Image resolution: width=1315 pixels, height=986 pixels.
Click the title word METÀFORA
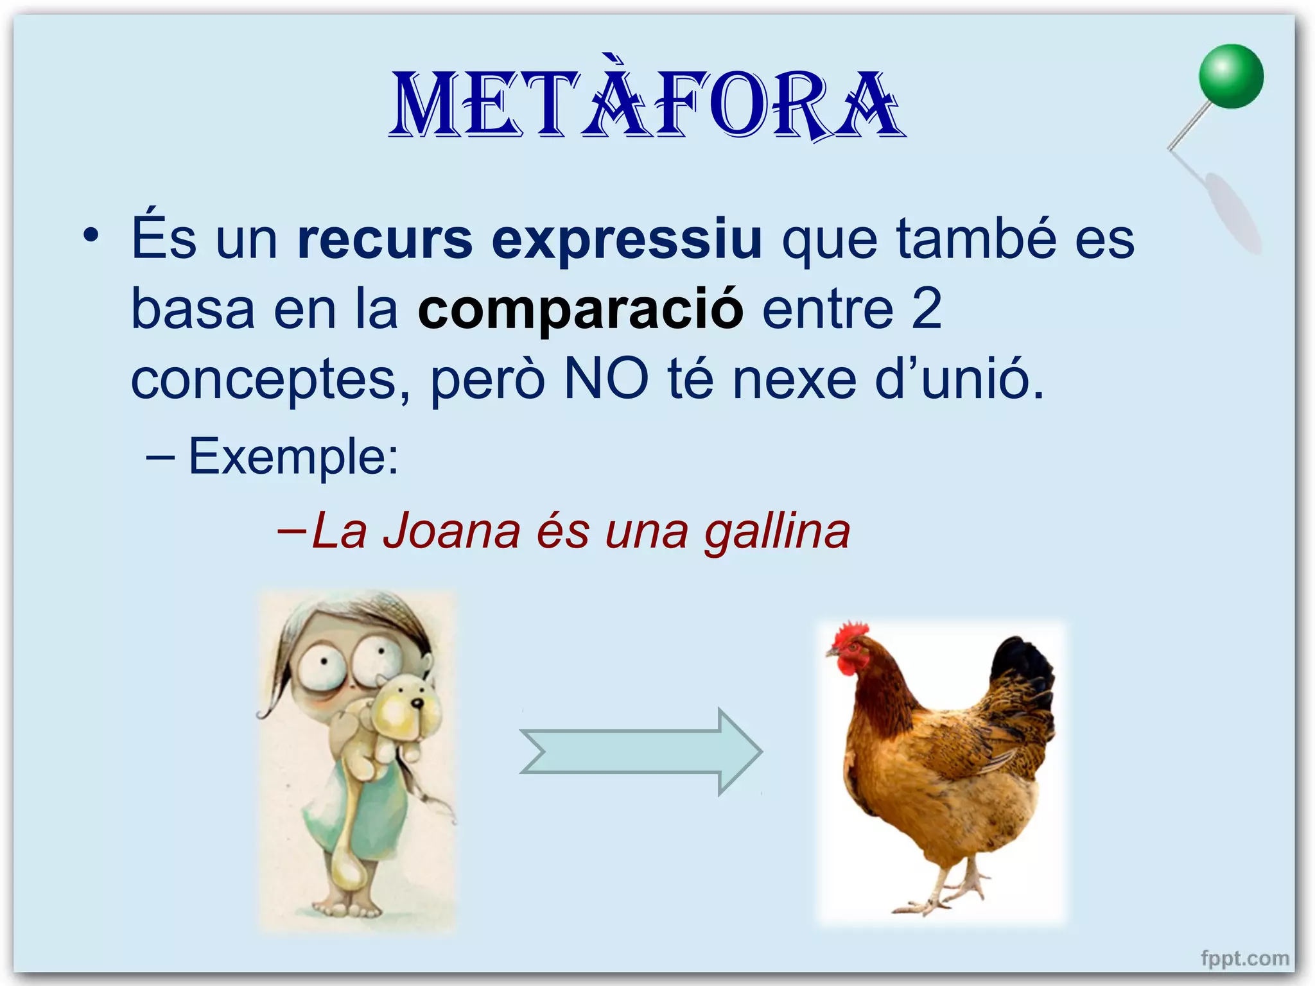tap(647, 106)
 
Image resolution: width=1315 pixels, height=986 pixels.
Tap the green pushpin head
tap(1231, 76)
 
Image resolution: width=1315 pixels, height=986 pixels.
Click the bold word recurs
tap(385, 239)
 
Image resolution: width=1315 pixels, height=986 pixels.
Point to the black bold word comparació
tap(580, 310)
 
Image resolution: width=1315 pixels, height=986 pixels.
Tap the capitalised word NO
tap(606, 379)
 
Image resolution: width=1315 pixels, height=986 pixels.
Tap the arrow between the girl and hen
tap(641, 751)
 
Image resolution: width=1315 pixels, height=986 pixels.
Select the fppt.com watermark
tap(1244, 958)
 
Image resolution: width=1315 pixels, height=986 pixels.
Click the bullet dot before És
tap(91, 236)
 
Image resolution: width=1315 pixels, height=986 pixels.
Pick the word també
tap(976, 239)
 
